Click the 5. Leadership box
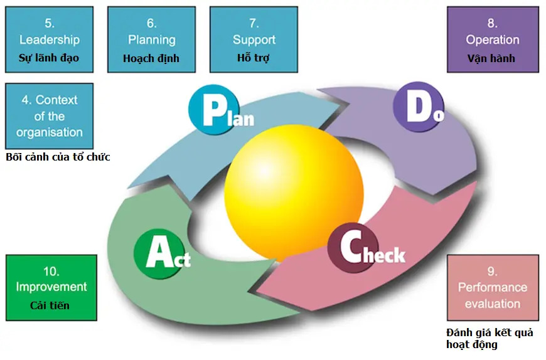coord(49,40)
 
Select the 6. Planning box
coord(151,40)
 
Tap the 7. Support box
coord(254,40)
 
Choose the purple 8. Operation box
coord(493,40)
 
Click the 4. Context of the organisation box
coord(49,116)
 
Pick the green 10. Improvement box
coord(51,288)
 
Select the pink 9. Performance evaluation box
coord(493,288)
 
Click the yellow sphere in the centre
coord(294,193)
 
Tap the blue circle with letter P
coord(214,110)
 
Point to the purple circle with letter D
coord(419,107)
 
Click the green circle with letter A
coord(159,254)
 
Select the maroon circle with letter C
coord(353,248)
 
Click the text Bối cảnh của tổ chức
coord(58,157)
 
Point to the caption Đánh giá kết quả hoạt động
coord(490,339)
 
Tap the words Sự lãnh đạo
coord(49,58)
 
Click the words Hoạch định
coord(151,58)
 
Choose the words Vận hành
coord(491,58)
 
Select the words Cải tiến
coord(50,305)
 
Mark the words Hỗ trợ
coord(253,58)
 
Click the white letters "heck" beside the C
coord(385,255)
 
